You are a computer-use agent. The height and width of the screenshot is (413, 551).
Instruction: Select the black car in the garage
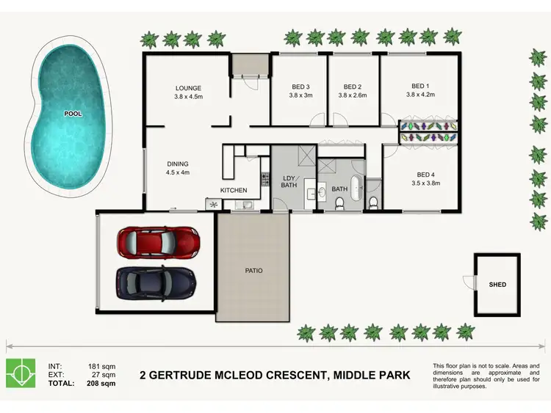156,280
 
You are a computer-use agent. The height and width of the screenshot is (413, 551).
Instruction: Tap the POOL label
73,114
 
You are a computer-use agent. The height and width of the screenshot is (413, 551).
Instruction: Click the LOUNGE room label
188,87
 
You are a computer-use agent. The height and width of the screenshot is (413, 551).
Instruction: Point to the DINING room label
178,164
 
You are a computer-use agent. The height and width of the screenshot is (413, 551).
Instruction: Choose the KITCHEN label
234,190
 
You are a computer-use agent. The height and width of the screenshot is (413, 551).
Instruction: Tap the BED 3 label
301,86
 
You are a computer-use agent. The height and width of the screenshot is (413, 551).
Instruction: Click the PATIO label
253,271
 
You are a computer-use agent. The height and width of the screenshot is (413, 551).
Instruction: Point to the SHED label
497,284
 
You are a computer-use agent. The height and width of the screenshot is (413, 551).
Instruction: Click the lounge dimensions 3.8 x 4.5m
188,97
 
